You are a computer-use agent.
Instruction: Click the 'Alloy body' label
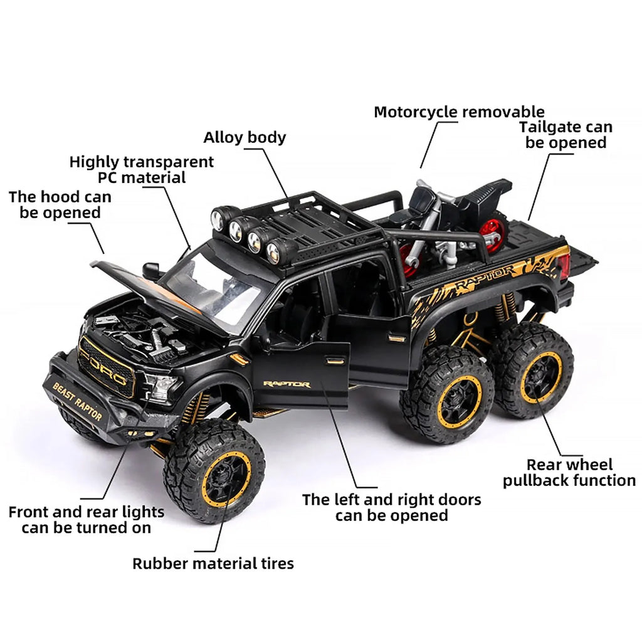tap(245, 137)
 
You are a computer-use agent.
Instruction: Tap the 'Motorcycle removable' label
tap(459, 112)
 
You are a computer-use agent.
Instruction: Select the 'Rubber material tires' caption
tap(213, 563)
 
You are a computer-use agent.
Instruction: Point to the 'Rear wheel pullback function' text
tap(569, 473)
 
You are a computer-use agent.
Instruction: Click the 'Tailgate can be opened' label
tap(566, 135)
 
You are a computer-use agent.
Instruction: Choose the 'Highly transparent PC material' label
tap(141, 169)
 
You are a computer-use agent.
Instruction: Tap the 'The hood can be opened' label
tap(60, 205)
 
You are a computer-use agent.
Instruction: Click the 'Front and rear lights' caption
tap(86, 520)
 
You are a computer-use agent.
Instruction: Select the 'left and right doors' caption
tap(391, 507)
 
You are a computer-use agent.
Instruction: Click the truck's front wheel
tap(214, 470)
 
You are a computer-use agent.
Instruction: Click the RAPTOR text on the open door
tap(287, 384)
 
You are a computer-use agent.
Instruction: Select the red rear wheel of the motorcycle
tap(494, 233)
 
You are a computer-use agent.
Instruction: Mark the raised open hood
tap(157, 288)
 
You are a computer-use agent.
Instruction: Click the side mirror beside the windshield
tap(151, 271)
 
